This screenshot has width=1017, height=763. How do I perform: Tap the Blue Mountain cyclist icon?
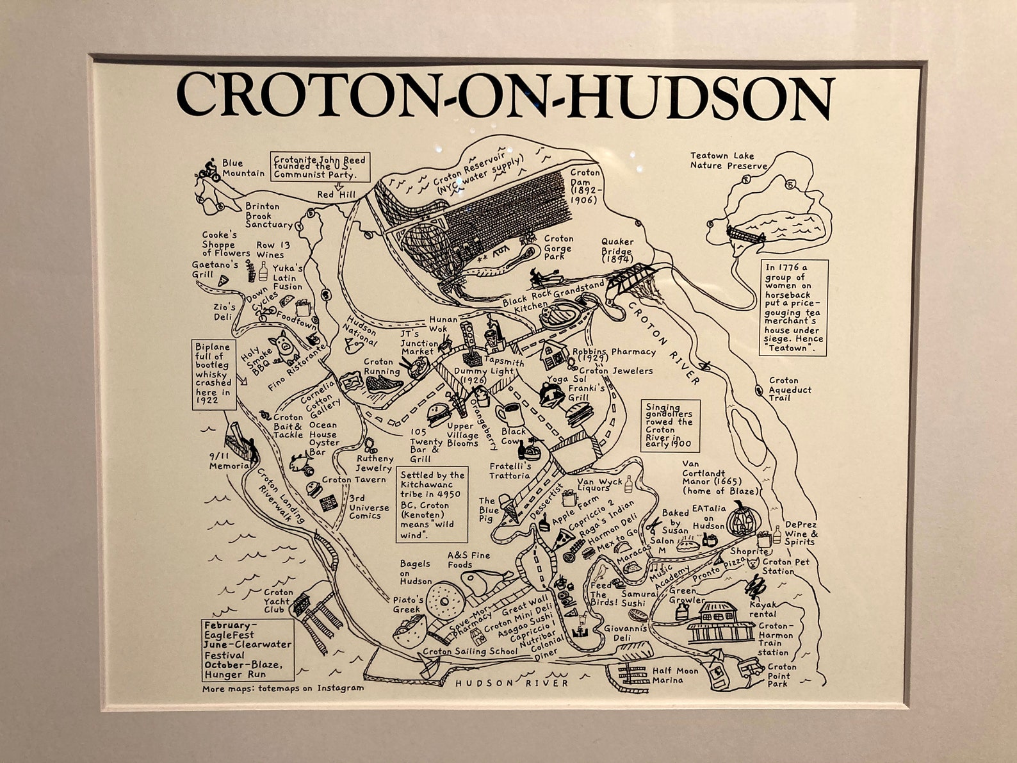click(209, 170)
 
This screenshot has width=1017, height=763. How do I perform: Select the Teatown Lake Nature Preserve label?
click(728, 161)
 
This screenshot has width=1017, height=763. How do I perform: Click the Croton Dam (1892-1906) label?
click(584, 186)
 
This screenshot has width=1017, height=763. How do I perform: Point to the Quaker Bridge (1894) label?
click(617, 250)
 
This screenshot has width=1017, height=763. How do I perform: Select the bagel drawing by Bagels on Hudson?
click(443, 600)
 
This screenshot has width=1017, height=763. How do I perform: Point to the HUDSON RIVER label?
click(512, 683)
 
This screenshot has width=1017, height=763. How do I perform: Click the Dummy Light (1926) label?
click(475, 375)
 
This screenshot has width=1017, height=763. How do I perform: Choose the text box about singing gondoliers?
click(670, 425)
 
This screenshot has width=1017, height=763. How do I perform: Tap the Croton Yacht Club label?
click(279, 601)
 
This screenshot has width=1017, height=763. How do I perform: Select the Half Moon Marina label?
click(675, 675)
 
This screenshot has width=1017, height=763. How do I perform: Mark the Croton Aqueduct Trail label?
click(790, 389)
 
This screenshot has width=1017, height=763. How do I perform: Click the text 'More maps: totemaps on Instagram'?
click(282, 689)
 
